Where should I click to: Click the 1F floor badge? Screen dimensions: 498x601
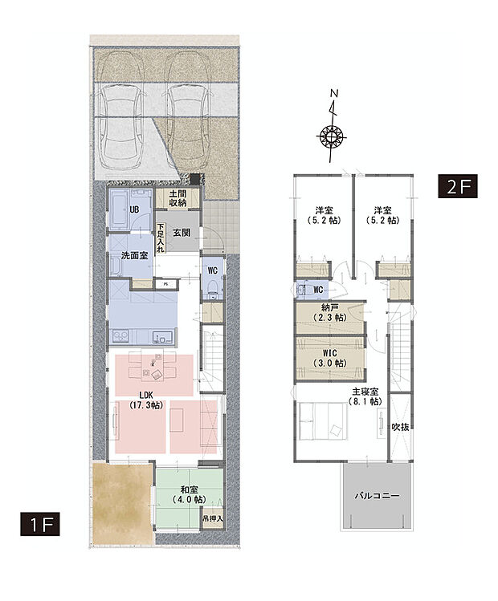[x=40, y=524]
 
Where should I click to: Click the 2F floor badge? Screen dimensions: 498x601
[x=458, y=186]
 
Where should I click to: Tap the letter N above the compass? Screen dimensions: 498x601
[x=335, y=93]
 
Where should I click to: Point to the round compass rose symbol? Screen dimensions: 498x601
[x=333, y=136]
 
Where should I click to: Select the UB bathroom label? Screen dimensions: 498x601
[x=134, y=209]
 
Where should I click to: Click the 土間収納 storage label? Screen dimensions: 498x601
[x=178, y=198]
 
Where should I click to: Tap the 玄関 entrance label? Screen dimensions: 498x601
[x=182, y=232]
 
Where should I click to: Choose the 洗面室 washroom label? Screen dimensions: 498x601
[x=134, y=256]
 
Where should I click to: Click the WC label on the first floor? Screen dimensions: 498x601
[x=213, y=270]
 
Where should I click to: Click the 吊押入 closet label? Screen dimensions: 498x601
[x=213, y=518]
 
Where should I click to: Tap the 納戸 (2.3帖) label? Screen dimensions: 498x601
[x=329, y=312]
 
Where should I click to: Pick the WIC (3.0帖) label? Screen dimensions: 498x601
[x=329, y=358]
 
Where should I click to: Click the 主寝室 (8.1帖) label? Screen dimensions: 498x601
[x=365, y=396]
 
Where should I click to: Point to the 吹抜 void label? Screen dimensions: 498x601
[x=400, y=427]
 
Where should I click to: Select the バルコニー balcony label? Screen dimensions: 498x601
[x=377, y=496]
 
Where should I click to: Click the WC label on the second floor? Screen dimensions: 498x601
[x=318, y=290]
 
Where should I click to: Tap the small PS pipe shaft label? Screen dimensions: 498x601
[x=165, y=284]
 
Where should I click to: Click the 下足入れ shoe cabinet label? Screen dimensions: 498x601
[x=161, y=238]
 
